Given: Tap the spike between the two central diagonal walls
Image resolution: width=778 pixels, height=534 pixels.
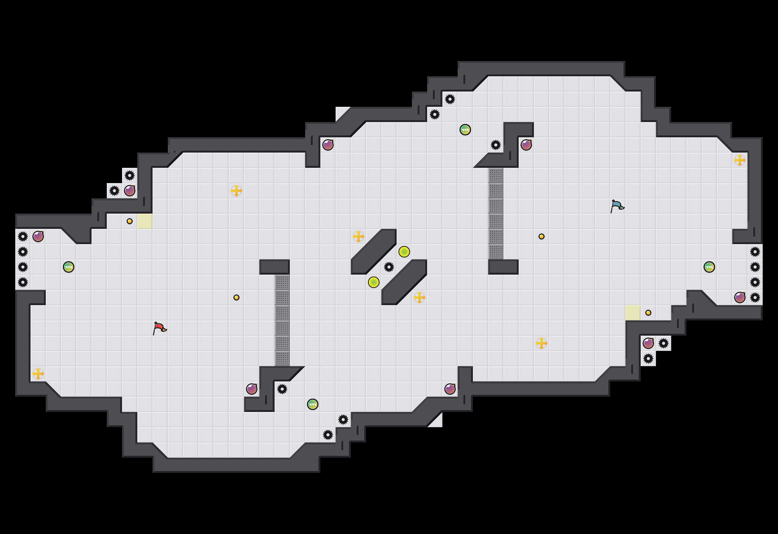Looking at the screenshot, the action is click(x=389, y=267).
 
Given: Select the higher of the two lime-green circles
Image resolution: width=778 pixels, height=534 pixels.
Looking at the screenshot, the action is click(x=404, y=252).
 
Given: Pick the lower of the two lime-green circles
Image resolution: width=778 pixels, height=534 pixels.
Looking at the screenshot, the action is click(x=374, y=282).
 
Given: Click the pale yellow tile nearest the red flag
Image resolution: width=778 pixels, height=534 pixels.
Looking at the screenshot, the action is click(x=145, y=221).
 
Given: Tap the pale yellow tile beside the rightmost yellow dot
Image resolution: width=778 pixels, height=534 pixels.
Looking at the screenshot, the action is click(x=633, y=313).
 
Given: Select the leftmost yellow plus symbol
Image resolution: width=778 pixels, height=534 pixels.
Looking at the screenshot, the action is click(x=38, y=374).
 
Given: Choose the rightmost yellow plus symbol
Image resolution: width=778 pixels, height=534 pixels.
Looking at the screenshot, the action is click(x=740, y=160).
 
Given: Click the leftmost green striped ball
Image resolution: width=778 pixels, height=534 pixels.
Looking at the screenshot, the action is click(x=69, y=267).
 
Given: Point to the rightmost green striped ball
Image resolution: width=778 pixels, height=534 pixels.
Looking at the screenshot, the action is click(x=709, y=267).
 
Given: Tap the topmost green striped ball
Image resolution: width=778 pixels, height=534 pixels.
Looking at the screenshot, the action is click(x=465, y=130).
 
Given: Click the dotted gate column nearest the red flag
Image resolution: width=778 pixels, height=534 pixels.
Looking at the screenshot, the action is click(x=282, y=320).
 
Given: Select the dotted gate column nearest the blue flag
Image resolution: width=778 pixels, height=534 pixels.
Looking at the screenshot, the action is click(x=496, y=214).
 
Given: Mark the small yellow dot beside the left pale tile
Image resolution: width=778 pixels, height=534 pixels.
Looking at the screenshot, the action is click(x=130, y=221).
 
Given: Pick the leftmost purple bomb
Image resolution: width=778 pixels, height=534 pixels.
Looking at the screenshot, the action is click(x=38, y=236).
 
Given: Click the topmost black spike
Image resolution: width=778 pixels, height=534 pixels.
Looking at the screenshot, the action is click(x=450, y=99).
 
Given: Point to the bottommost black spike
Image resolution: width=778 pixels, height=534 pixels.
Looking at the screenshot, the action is click(x=328, y=435).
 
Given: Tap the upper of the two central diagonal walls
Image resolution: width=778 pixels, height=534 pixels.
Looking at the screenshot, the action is click(x=374, y=252).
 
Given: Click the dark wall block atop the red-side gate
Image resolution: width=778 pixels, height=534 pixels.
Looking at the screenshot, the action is click(x=275, y=267).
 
